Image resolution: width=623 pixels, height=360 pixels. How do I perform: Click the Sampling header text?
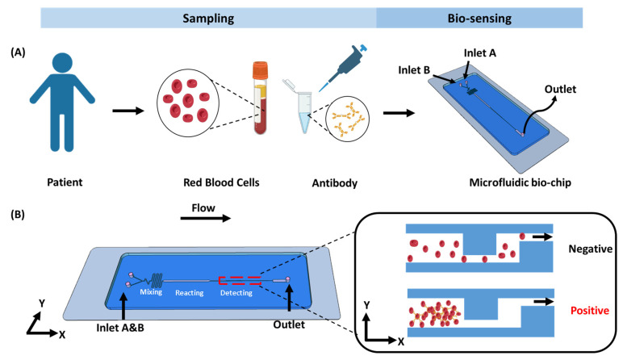pyautogui.click(x=208, y=19)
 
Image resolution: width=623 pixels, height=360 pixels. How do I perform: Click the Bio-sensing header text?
pyautogui.click(x=479, y=19)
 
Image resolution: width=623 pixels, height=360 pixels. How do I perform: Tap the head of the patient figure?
pyautogui.click(x=62, y=64)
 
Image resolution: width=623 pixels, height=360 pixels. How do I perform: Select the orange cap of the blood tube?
pyautogui.click(x=260, y=70)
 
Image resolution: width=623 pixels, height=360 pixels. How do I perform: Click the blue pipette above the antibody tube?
pyautogui.click(x=342, y=67)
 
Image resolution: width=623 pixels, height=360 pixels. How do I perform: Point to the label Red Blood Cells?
pyautogui.click(x=221, y=182)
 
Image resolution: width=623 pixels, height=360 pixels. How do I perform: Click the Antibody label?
pyautogui.click(x=335, y=182)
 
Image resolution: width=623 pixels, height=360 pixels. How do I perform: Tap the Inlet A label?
pyautogui.click(x=480, y=52)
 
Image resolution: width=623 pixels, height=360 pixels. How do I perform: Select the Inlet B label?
pyautogui.click(x=414, y=70)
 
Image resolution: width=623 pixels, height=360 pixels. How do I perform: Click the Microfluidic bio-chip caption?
pyautogui.click(x=520, y=182)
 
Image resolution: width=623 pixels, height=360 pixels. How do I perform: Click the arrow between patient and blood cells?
pyautogui.click(x=128, y=111)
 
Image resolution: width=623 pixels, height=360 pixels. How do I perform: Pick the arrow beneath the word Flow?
pyautogui.click(x=206, y=218)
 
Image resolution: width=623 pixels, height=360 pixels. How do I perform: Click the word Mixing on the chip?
pyautogui.click(x=151, y=292)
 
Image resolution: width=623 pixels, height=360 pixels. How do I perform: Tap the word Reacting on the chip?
pyautogui.click(x=190, y=293)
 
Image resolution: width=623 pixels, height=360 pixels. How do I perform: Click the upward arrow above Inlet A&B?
pyautogui.click(x=124, y=307)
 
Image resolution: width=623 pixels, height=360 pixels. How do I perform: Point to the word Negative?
pyautogui.click(x=591, y=249)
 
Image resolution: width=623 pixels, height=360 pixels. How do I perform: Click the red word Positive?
pyautogui.click(x=590, y=310)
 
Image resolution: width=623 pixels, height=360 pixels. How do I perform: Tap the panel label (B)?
pyautogui.click(x=18, y=215)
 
